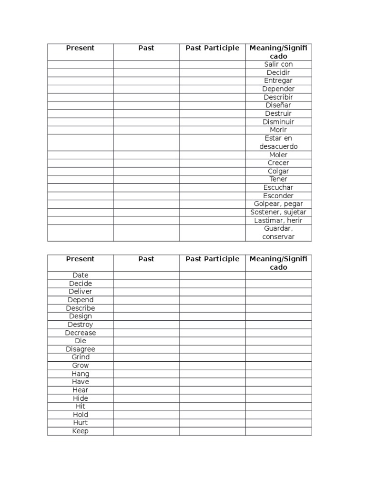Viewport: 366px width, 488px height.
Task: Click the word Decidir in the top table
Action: tap(278, 72)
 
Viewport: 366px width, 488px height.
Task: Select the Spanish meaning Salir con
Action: tap(278, 64)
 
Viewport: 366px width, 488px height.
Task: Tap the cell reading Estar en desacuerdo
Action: tap(278, 142)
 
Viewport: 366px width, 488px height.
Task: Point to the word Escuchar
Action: tap(278, 187)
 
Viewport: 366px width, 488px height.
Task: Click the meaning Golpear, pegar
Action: tap(278, 204)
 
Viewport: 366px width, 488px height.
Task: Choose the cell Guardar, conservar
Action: tap(278, 233)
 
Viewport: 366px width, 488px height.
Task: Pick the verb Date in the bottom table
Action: tap(81, 275)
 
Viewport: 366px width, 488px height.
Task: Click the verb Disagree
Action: tap(81, 349)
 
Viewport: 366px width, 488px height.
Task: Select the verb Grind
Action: tap(81, 357)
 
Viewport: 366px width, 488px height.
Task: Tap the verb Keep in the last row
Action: tap(81, 431)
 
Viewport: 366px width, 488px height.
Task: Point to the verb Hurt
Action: tap(81, 423)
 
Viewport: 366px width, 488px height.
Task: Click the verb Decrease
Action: tap(81, 333)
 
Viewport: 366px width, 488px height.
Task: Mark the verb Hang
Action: tap(81, 374)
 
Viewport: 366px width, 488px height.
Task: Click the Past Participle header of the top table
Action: tap(213, 48)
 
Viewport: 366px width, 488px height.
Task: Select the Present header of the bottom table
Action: tap(81, 259)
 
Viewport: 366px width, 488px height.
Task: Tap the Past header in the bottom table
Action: tap(146, 259)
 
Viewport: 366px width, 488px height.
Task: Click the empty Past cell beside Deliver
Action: tap(146, 291)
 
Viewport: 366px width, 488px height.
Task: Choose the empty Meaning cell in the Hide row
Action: tap(278, 398)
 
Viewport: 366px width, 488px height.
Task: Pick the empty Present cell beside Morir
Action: tap(81, 130)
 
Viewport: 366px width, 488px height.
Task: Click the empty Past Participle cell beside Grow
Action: tap(213, 366)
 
